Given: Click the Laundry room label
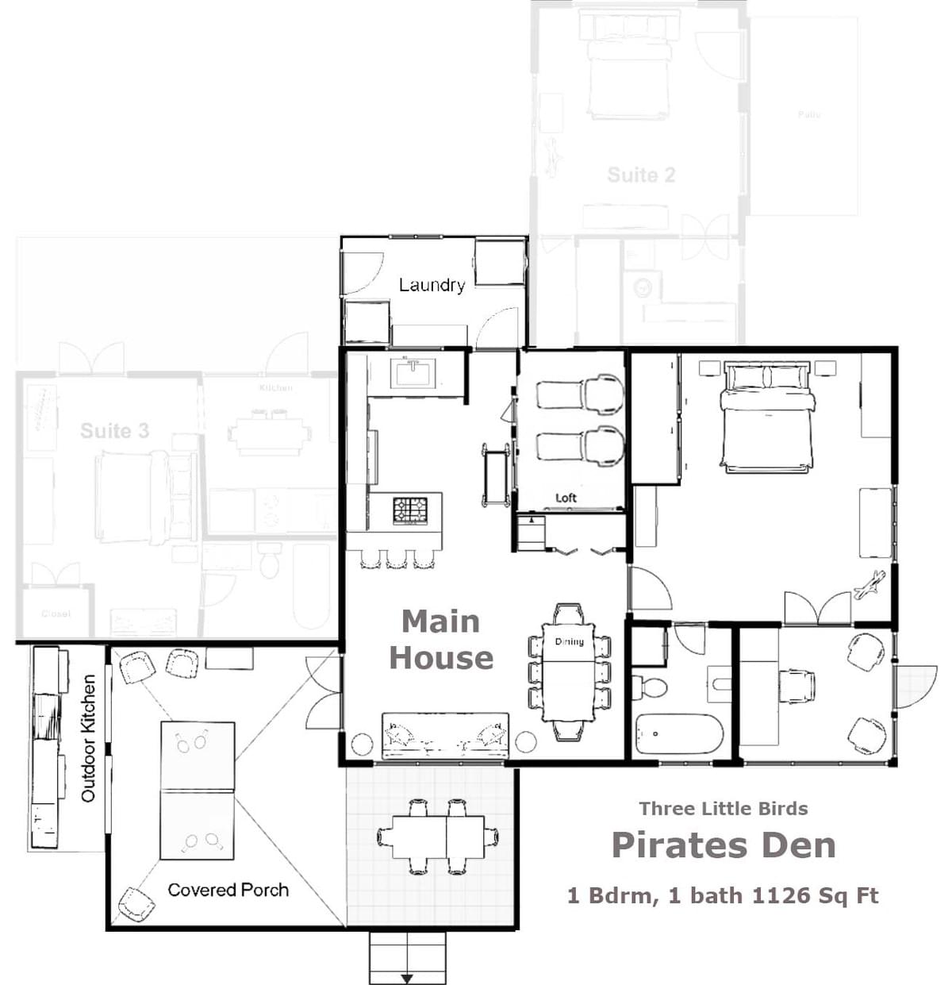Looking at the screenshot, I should [x=432, y=285].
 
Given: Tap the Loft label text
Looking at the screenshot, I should [x=566, y=498].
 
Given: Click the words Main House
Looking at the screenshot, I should [x=441, y=640].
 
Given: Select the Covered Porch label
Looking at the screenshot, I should [x=228, y=890].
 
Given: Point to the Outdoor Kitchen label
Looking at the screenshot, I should [x=88, y=738].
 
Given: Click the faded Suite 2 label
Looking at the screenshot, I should [x=641, y=175].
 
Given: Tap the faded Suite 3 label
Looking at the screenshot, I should [x=114, y=431].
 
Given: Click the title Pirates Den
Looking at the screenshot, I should [x=724, y=845].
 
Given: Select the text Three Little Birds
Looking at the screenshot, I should [x=724, y=809].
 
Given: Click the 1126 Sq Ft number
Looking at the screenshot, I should [x=815, y=896].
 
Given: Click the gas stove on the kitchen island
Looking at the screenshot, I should [x=410, y=510].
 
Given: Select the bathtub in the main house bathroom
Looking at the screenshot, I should [x=678, y=733].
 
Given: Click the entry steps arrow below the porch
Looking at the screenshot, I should [x=407, y=976].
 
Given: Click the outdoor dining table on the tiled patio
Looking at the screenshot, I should [x=437, y=837].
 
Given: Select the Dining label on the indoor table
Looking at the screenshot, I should [x=569, y=641].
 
